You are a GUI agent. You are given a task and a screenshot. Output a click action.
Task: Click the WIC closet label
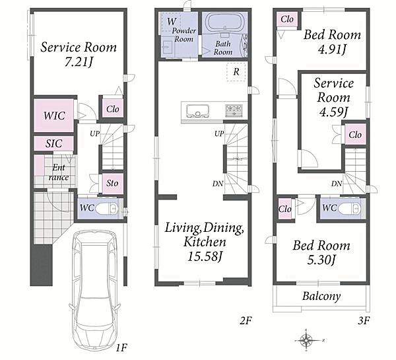point(54,116)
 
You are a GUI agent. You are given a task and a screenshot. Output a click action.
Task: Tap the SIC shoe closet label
point(54,143)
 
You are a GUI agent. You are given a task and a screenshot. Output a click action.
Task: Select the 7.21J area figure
point(79,62)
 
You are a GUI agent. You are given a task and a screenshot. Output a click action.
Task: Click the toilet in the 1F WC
point(107,208)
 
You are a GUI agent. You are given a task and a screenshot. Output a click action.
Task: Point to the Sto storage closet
point(113,183)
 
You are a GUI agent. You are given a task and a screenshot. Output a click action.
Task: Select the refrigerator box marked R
point(236,72)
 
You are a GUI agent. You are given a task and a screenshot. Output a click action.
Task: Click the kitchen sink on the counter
point(197,111)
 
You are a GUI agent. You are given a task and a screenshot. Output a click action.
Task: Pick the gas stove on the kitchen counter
point(234,110)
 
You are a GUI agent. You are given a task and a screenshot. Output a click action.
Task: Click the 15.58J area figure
point(205,256)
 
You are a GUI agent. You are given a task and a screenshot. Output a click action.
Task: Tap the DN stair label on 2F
point(218,184)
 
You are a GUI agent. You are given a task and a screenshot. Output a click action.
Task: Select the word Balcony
point(321,296)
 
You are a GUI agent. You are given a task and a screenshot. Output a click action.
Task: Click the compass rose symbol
point(307,340)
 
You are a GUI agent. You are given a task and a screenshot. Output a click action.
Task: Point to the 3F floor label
point(364,320)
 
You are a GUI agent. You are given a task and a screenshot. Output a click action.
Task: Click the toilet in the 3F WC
point(349,208)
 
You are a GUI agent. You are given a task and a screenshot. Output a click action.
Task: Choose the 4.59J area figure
point(333,112)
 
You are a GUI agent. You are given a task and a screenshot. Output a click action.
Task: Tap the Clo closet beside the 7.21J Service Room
point(113,109)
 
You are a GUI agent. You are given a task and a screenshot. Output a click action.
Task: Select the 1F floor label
point(121,348)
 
